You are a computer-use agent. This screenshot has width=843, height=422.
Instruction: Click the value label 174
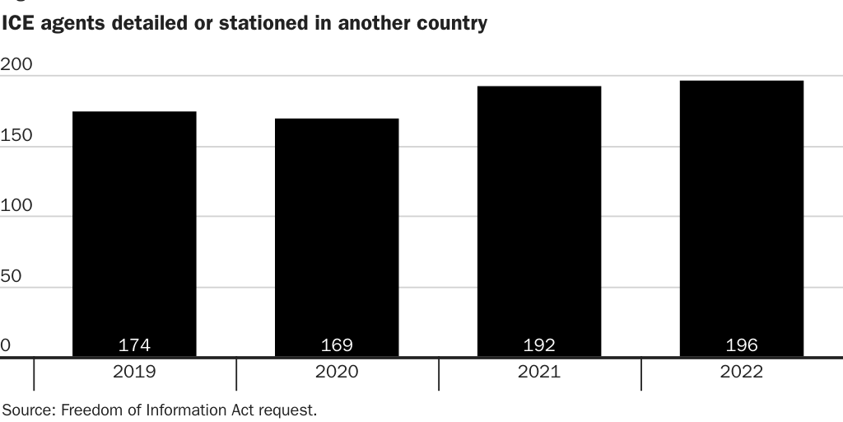(134, 345)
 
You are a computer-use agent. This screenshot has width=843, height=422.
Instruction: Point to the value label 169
(337, 345)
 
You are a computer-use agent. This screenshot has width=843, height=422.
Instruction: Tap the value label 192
(539, 345)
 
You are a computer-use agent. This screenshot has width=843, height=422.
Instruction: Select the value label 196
(742, 345)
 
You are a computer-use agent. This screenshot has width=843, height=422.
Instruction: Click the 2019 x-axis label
(134, 372)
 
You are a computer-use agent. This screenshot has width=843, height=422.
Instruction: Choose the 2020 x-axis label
(337, 372)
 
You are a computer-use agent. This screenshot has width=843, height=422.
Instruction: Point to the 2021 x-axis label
(539, 372)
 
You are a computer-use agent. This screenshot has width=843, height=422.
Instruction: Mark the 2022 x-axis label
(742, 372)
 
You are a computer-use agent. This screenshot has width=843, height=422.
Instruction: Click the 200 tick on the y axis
(16, 64)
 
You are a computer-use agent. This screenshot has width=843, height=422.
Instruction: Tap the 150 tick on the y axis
(16, 135)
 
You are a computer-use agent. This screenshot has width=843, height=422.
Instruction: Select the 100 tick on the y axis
(16, 205)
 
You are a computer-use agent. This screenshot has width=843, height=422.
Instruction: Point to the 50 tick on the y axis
(11, 276)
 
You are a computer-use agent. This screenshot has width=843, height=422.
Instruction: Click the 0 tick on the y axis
(6, 345)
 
